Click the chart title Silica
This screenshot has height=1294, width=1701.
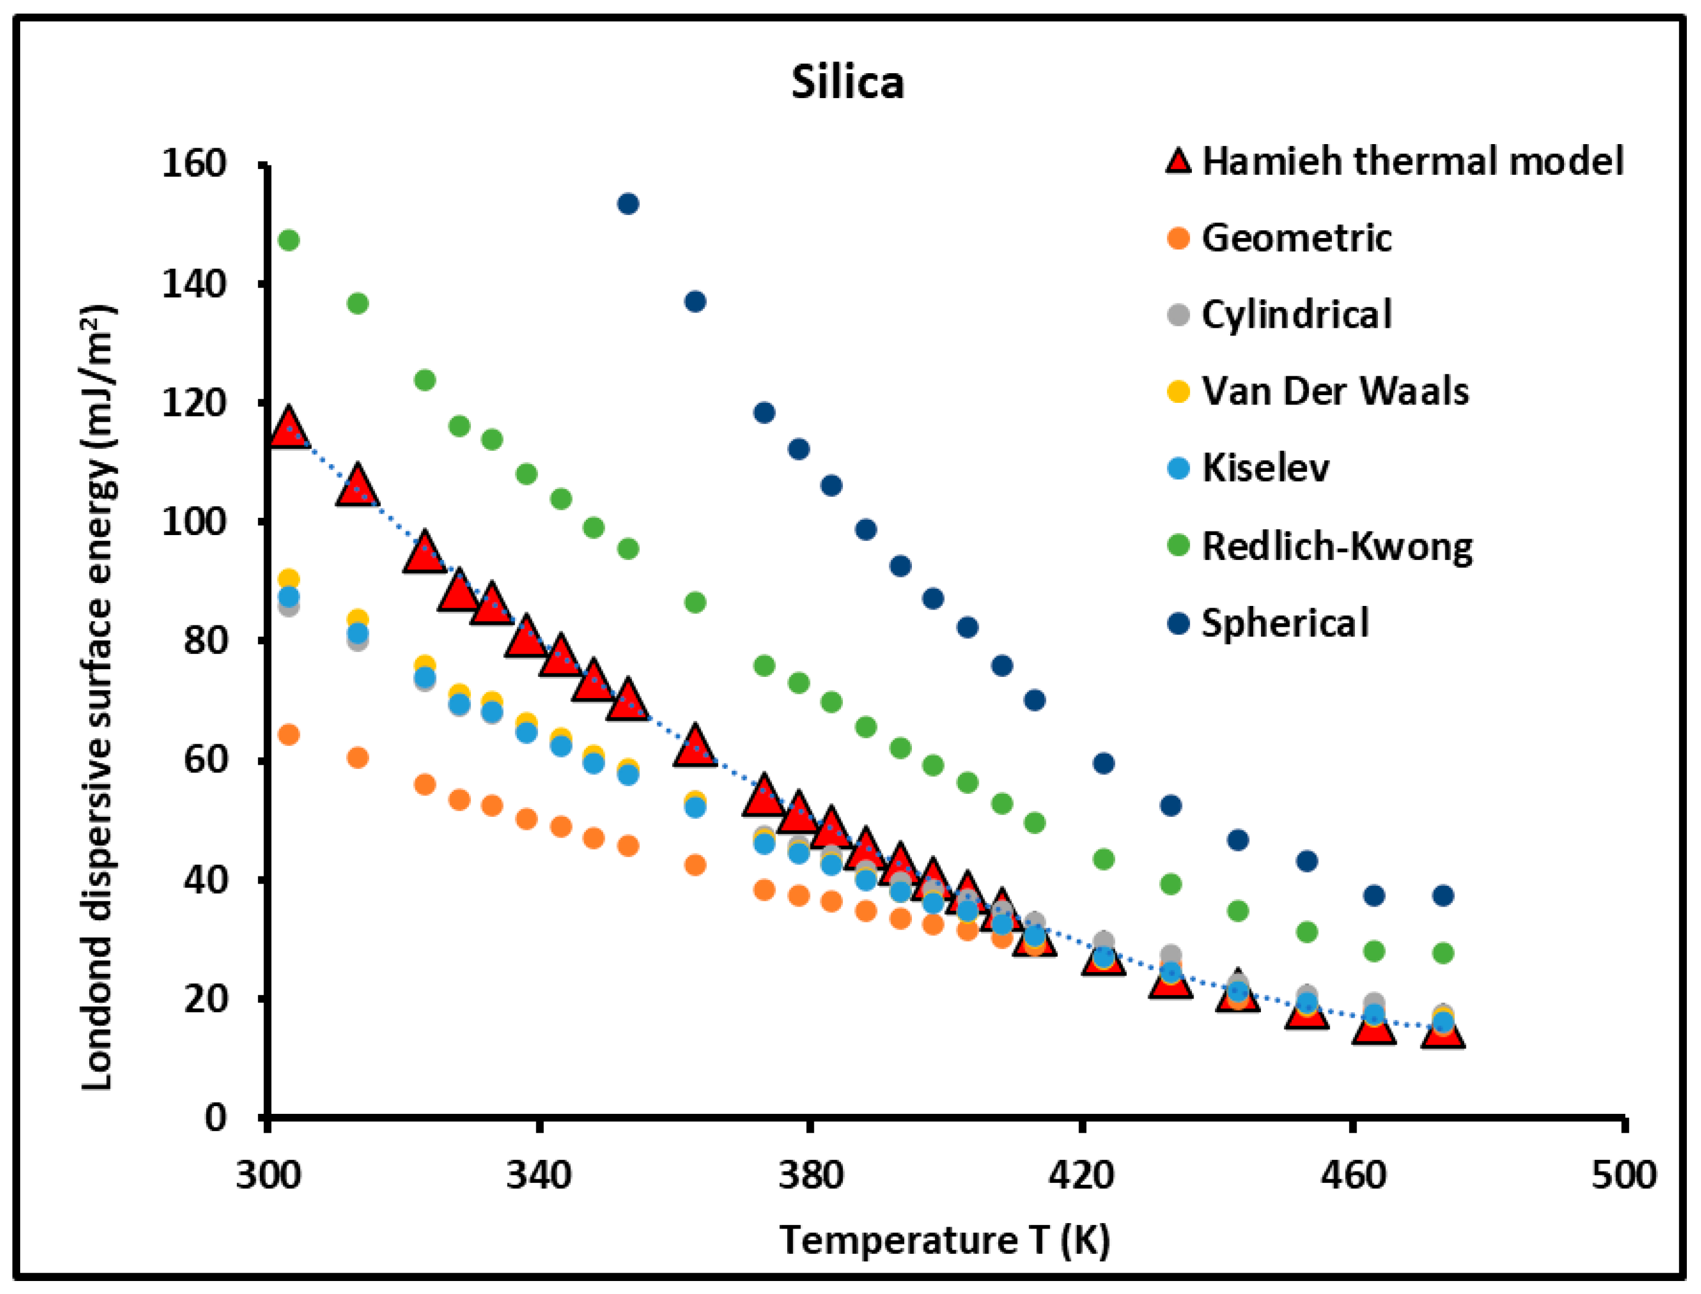[848, 83]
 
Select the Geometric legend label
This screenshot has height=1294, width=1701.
[1296, 238]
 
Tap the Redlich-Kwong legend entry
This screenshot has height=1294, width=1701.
[1337, 546]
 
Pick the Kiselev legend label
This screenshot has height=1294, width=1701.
[1266, 468]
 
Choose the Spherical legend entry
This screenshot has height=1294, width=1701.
[1285, 623]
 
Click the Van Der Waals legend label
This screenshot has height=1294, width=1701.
[1335, 392]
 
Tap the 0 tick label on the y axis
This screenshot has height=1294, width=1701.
[215, 1117]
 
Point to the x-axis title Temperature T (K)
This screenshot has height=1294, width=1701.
[944, 1241]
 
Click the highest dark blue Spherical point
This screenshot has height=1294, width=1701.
[628, 204]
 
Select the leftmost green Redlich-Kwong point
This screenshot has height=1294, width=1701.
[289, 240]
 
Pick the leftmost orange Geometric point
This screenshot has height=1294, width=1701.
[289, 735]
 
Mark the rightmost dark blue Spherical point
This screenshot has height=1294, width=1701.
[1443, 896]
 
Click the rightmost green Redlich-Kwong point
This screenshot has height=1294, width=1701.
[1443, 954]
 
